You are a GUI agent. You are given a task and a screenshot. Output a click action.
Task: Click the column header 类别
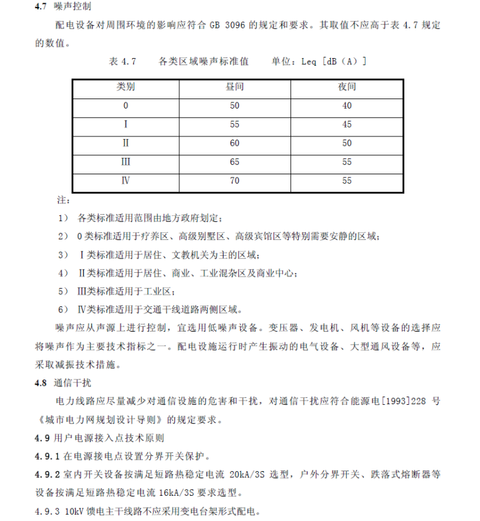(126, 87)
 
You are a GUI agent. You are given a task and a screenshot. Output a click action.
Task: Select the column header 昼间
(234, 87)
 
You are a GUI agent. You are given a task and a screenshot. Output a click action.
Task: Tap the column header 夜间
(347, 87)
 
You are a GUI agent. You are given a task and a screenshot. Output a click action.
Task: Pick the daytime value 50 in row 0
(235, 105)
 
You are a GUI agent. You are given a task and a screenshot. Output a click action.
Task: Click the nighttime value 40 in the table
(347, 105)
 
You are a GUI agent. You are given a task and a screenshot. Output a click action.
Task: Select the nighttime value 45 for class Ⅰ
(347, 124)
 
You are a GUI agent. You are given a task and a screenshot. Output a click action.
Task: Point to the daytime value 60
(235, 143)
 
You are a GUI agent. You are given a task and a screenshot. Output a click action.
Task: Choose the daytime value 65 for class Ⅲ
(235, 162)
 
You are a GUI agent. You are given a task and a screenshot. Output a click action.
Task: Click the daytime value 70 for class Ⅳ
(235, 181)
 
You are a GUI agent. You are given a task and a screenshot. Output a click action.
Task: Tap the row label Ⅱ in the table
(126, 143)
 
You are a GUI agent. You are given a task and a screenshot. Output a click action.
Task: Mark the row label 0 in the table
(126, 105)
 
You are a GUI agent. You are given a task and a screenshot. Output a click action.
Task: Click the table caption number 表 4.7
(123, 61)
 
